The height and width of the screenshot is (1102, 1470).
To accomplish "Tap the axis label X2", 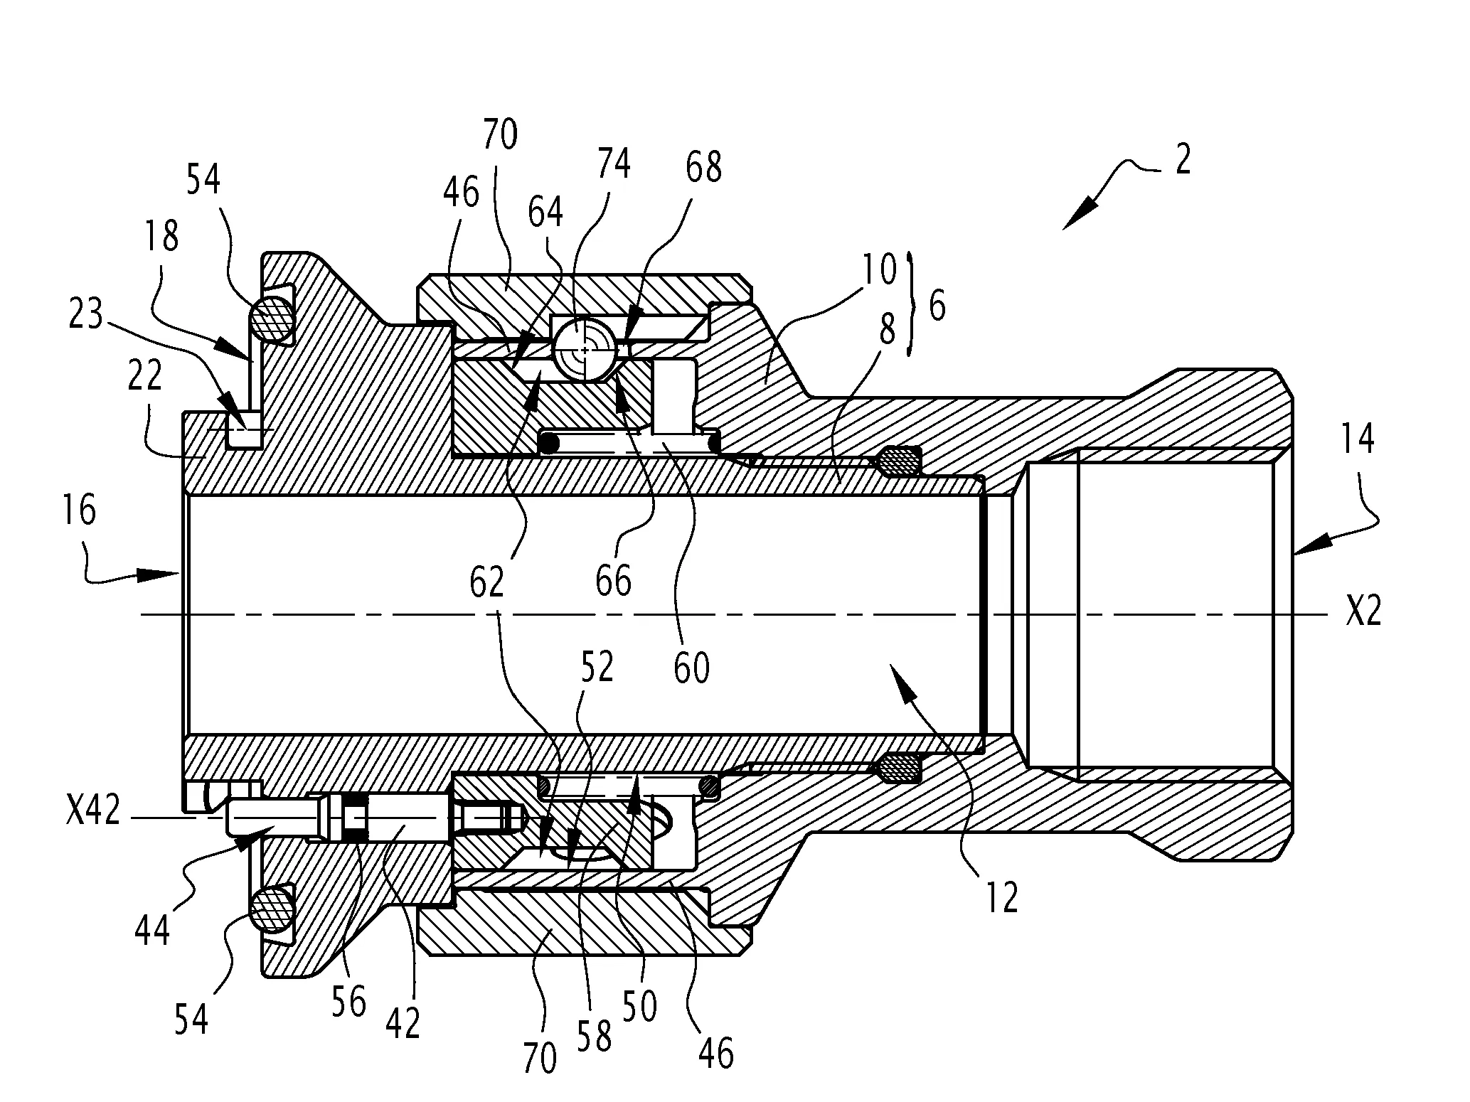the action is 1363,611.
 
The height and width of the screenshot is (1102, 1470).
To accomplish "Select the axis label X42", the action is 93,810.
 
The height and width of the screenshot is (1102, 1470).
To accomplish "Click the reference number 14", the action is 1356,439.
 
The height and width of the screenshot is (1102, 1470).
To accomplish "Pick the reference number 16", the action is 79,510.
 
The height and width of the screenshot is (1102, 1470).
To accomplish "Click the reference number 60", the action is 691,668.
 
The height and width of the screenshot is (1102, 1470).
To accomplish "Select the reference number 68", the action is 704,167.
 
